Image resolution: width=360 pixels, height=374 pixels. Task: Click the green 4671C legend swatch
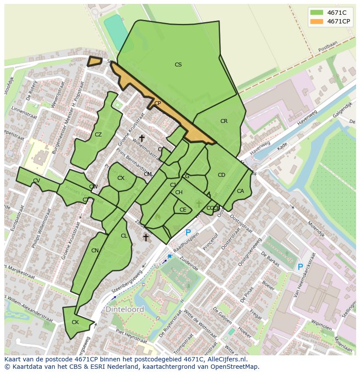[x=317, y=13]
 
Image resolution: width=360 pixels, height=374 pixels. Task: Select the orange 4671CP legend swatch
[x=317, y=21]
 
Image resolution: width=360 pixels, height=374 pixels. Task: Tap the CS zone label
[x=178, y=65]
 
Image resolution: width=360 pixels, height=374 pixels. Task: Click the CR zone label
[x=224, y=121]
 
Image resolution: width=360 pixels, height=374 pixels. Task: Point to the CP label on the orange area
[x=157, y=103]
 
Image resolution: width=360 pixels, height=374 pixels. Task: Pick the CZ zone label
[x=98, y=135]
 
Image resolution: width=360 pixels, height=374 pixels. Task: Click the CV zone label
[x=37, y=181]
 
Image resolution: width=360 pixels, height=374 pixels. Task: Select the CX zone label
[x=121, y=178]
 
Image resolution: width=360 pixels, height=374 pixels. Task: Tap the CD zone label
[x=221, y=175]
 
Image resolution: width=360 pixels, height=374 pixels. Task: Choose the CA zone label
[x=240, y=191]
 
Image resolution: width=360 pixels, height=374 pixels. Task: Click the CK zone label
[x=75, y=322]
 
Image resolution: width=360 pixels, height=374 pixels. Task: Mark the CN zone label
[x=95, y=251]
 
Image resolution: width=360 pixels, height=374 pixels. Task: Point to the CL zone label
[x=124, y=236]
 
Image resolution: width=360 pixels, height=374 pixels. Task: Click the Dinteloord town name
[x=125, y=310]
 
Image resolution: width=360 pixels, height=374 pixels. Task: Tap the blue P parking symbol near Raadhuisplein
[x=188, y=233]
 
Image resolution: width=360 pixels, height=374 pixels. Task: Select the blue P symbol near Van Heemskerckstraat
[x=300, y=267]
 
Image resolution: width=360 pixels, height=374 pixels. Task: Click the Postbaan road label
[x=327, y=49]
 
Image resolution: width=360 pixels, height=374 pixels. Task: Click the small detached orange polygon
[x=94, y=61]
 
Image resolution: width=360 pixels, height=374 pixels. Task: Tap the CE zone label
[x=183, y=210]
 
